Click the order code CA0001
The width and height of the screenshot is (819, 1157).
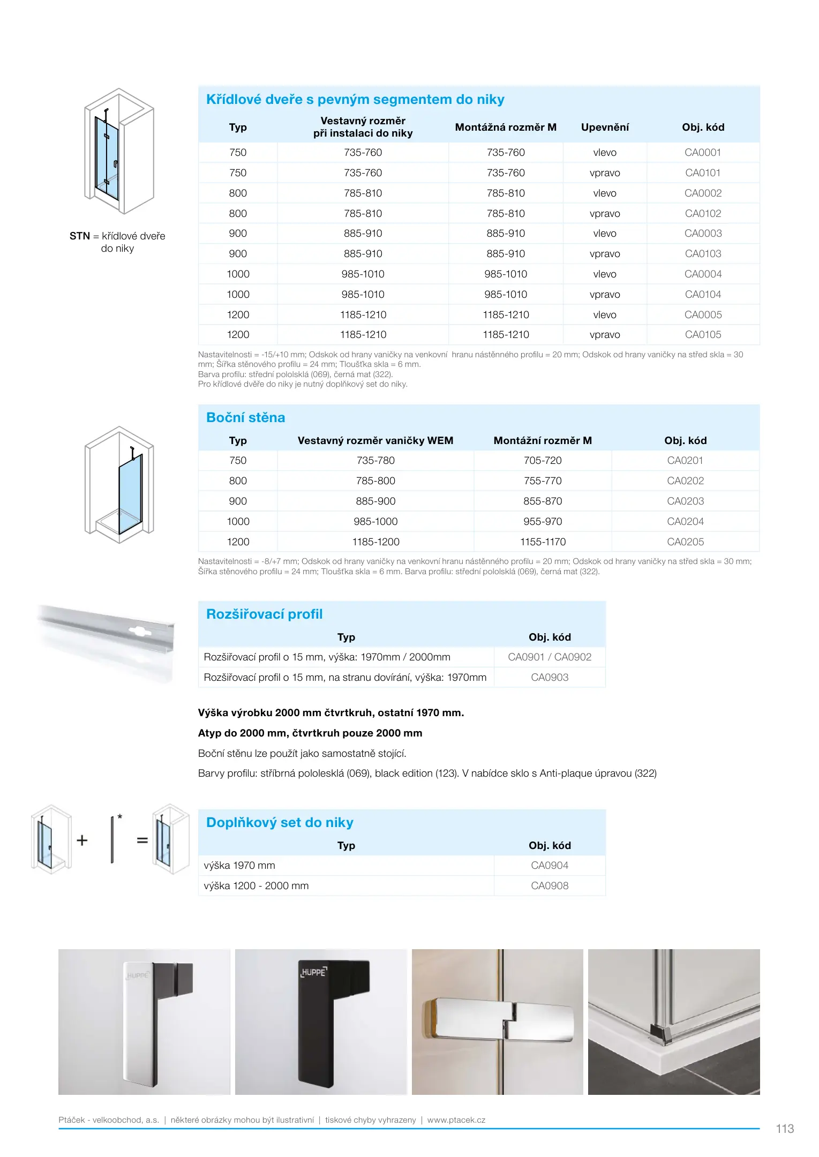[702, 153]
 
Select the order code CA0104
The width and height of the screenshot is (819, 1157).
[703, 295]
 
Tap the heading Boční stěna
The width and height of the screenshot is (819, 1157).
[245, 418]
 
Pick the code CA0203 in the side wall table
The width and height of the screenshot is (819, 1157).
[685, 501]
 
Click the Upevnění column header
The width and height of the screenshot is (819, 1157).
[605, 127]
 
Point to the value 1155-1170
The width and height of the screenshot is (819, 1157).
[543, 542]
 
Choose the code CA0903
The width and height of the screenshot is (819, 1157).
[550, 678]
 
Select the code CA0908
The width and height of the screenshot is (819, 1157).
[550, 886]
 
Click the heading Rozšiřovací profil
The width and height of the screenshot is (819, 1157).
[264, 614]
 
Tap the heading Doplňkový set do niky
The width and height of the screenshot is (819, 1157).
[280, 823]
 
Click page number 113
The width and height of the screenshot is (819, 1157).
[785, 1129]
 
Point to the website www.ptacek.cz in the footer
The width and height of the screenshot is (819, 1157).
[456, 1120]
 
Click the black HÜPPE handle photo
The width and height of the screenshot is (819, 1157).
[321, 1022]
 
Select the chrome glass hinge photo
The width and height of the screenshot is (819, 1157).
[497, 1022]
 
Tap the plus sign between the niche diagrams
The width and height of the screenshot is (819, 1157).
[82, 840]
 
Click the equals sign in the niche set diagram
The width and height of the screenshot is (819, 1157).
[142, 840]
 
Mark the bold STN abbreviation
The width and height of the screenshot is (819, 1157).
[80, 236]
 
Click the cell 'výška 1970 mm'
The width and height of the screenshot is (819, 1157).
[239, 866]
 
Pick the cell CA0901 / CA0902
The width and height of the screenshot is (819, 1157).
[550, 657]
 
